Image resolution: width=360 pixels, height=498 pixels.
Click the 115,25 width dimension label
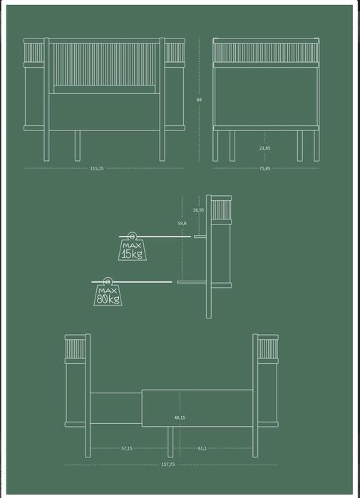coord(97,169)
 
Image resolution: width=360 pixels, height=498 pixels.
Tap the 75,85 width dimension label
coord(264,169)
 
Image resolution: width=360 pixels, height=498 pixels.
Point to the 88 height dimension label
coord(199,100)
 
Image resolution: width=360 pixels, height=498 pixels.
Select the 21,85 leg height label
coord(264,148)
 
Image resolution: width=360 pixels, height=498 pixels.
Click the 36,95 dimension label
coord(199,210)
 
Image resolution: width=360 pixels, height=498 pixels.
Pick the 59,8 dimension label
coord(182,223)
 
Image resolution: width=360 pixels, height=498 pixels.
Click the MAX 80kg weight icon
coord(108,291)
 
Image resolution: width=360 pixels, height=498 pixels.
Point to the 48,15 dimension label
coord(180,417)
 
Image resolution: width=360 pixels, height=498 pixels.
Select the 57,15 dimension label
coord(127,448)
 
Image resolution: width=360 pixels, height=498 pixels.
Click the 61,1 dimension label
coord(202,448)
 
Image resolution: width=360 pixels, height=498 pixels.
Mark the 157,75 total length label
coord(168,465)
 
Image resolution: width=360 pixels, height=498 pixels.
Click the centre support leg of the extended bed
coord(170,442)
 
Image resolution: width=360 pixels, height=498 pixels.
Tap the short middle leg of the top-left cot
coord(78,146)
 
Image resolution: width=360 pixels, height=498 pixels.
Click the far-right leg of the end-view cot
coord(317,146)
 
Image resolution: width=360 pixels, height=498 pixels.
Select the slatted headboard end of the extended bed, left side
coord(76,348)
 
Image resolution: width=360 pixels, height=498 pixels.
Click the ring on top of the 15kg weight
coord(132,237)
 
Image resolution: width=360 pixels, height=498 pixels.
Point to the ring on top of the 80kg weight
coord(108,281)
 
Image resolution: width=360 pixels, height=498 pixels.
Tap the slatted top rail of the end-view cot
coord(266,53)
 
